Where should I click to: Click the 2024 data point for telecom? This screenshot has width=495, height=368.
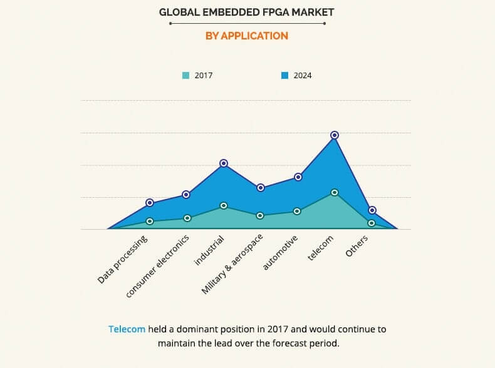coord(335,135)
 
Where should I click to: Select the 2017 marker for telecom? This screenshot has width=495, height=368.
coord(335,193)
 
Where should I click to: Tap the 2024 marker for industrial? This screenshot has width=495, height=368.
coord(224,163)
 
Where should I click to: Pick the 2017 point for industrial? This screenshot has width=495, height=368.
coord(224,206)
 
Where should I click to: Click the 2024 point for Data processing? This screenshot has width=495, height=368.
coord(150,203)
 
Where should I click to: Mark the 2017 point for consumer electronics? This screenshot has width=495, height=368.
coord(187,218)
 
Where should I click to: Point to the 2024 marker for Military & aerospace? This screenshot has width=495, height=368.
coord(261,188)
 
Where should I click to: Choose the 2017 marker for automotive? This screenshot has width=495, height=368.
coord(298,212)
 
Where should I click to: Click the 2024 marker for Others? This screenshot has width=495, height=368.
coord(372,210)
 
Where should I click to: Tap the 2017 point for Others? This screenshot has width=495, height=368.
coord(372,223)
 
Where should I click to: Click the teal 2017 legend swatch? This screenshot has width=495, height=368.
coord(185,76)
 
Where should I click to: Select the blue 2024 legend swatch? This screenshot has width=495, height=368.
coord(284,76)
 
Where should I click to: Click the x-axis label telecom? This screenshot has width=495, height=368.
coord(321,248)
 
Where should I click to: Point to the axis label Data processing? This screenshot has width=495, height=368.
coord(123,260)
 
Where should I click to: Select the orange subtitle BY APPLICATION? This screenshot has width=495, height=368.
coord(247,36)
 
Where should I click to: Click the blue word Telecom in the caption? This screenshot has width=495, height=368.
coord(127,329)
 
